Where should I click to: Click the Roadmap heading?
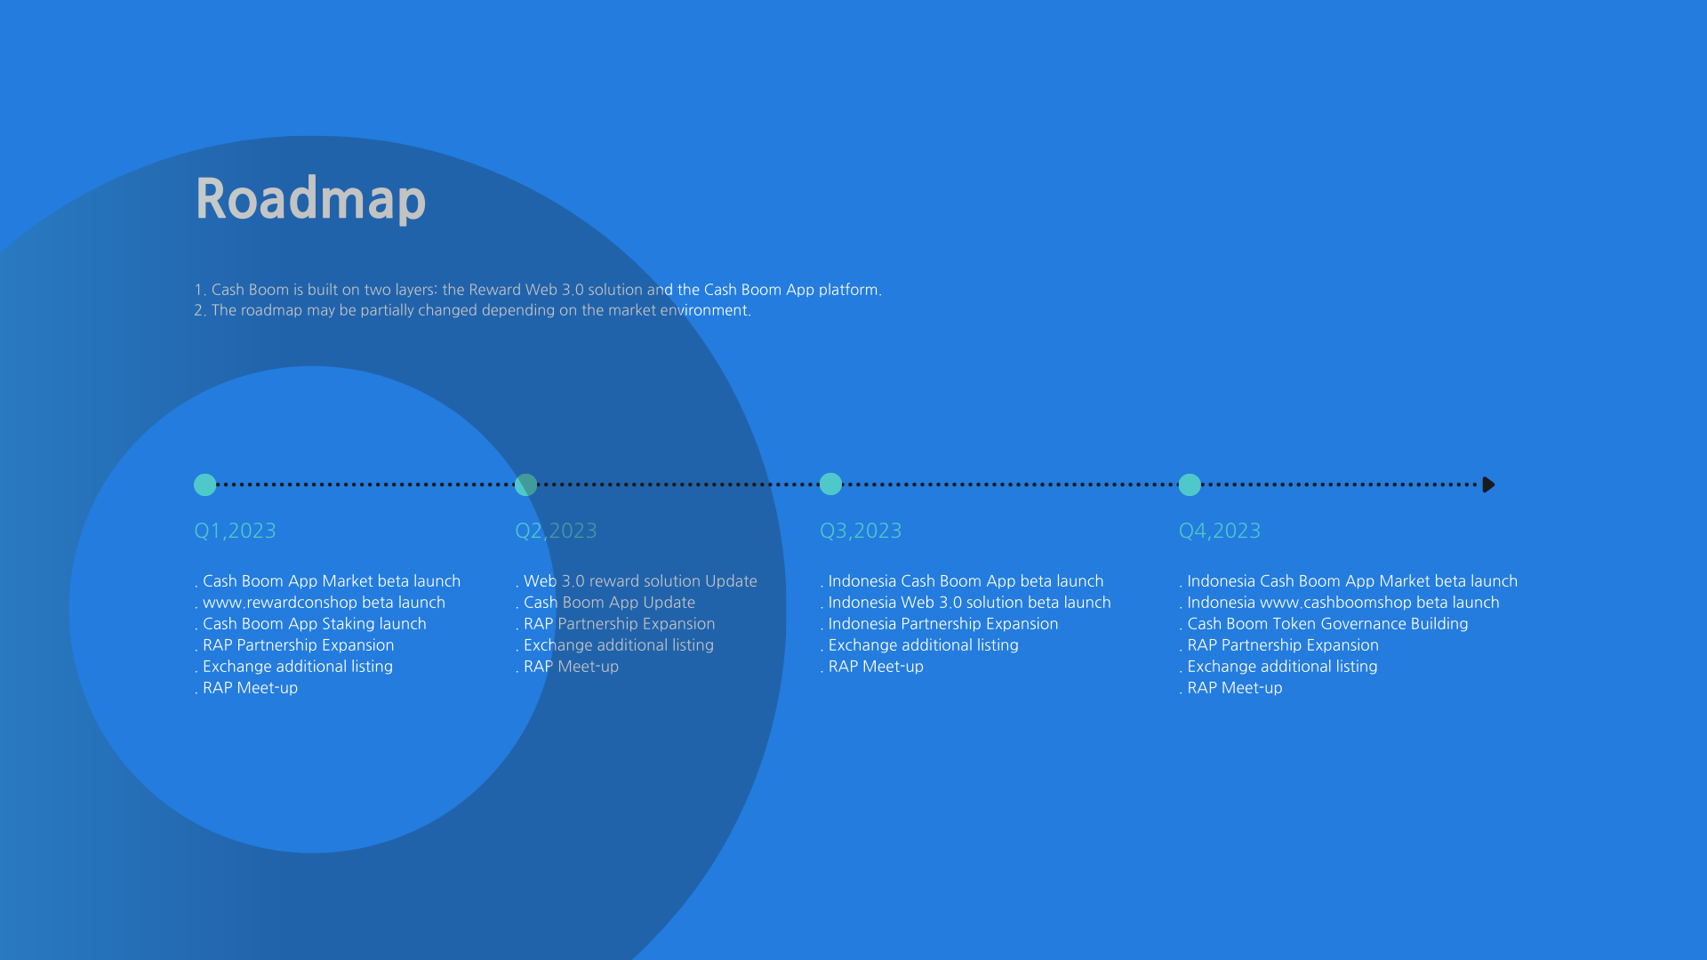(310, 199)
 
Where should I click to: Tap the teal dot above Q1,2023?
(205, 484)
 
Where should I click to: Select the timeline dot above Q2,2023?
(526, 484)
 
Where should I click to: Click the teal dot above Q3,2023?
(830, 484)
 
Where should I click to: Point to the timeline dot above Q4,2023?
(1190, 484)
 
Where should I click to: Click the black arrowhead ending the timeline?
(1489, 484)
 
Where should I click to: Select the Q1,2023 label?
(235, 531)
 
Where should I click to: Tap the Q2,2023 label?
(556, 531)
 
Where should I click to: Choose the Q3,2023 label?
(861, 531)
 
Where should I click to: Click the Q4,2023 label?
(1220, 531)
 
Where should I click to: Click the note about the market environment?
(473, 310)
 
